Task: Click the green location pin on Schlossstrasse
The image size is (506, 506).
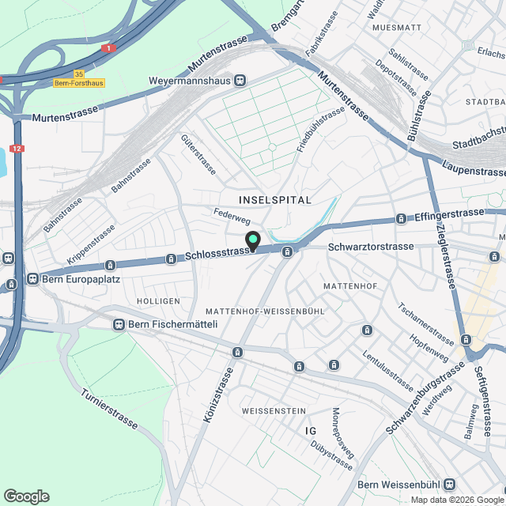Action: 253,240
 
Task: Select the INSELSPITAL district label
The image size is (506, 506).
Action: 275,200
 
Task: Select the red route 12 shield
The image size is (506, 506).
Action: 17,148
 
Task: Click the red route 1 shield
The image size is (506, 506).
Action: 108,48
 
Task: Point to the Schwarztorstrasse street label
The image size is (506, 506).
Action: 371,247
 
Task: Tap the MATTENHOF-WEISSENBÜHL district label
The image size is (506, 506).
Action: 265,312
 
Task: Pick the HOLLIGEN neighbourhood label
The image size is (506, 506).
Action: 153,302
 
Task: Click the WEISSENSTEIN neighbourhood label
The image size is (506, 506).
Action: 274,411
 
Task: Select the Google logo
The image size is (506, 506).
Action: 26,497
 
